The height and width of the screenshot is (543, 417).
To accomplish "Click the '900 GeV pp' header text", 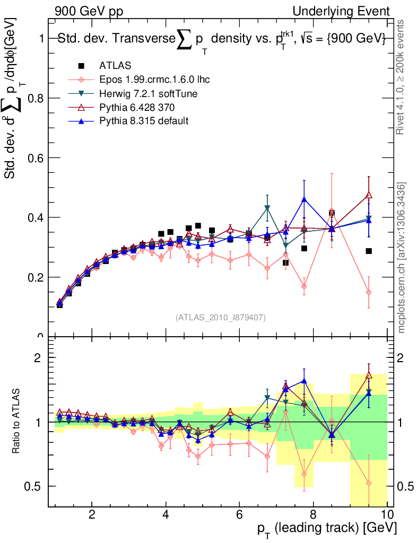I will pos(89,11).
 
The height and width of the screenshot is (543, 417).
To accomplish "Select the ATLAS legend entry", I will pos(115,66).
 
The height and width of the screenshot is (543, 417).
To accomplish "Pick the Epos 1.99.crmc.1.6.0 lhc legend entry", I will pos(154,80).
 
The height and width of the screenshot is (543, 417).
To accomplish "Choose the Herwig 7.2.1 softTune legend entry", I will pos(148,93).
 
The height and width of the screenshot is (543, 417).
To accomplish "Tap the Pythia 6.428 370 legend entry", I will pos(141,107).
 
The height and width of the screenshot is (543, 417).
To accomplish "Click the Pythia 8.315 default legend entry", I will pos(144,121).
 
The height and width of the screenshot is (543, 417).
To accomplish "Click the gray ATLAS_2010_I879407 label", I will pos(221,317).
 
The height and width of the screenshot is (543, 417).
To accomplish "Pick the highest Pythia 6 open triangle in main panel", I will pos(369,195).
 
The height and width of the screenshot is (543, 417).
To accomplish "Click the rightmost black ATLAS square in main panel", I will pos(369,251).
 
